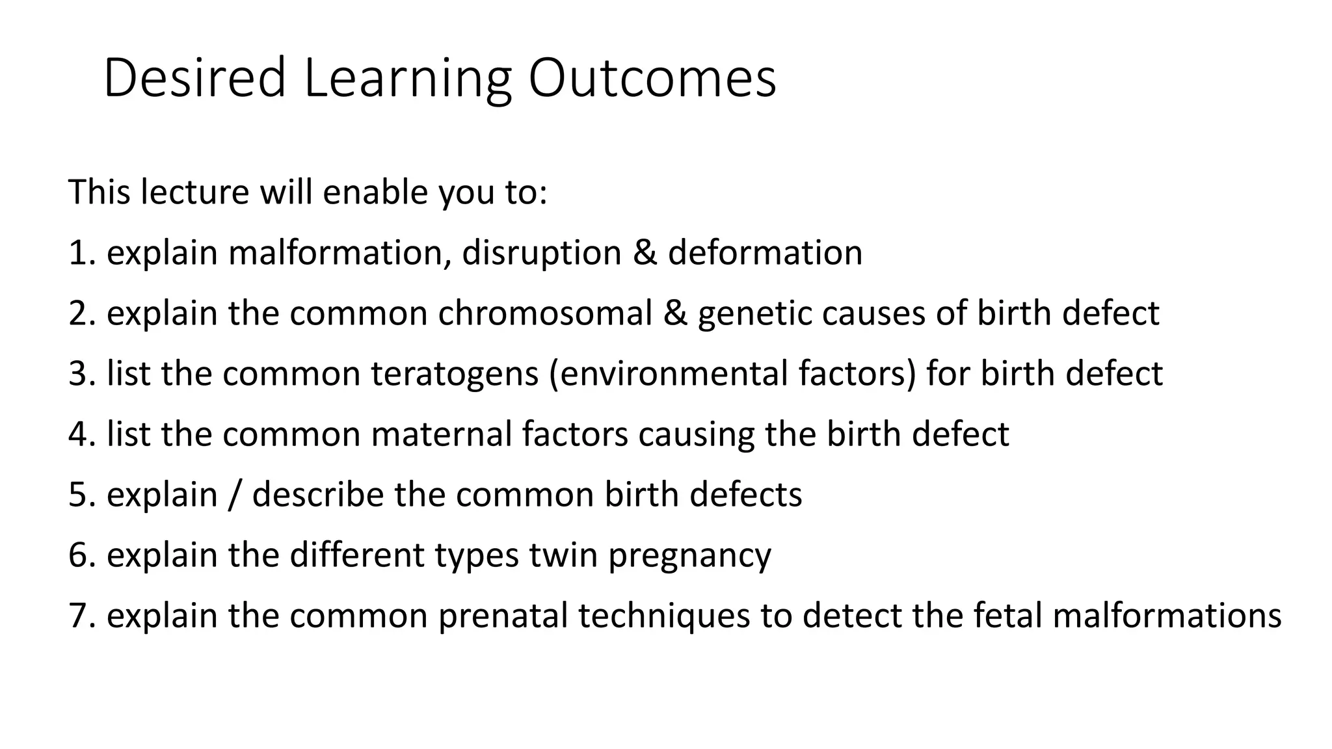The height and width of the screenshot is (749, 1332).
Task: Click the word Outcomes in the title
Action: (x=652, y=78)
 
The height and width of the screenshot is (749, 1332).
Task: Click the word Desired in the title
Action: (x=194, y=78)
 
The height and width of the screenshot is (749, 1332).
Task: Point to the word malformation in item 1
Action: (x=340, y=253)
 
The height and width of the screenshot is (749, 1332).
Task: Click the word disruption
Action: (x=542, y=253)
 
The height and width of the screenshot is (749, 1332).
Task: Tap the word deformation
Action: (x=765, y=253)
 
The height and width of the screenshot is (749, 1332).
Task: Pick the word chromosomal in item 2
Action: (x=545, y=313)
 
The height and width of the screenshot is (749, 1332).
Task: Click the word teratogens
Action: (x=455, y=374)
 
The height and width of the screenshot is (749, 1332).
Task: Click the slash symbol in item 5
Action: (x=235, y=495)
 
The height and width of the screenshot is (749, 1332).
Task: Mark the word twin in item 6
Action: (x=563, y=555)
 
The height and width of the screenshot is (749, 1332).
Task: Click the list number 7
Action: (x=77, y=616)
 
